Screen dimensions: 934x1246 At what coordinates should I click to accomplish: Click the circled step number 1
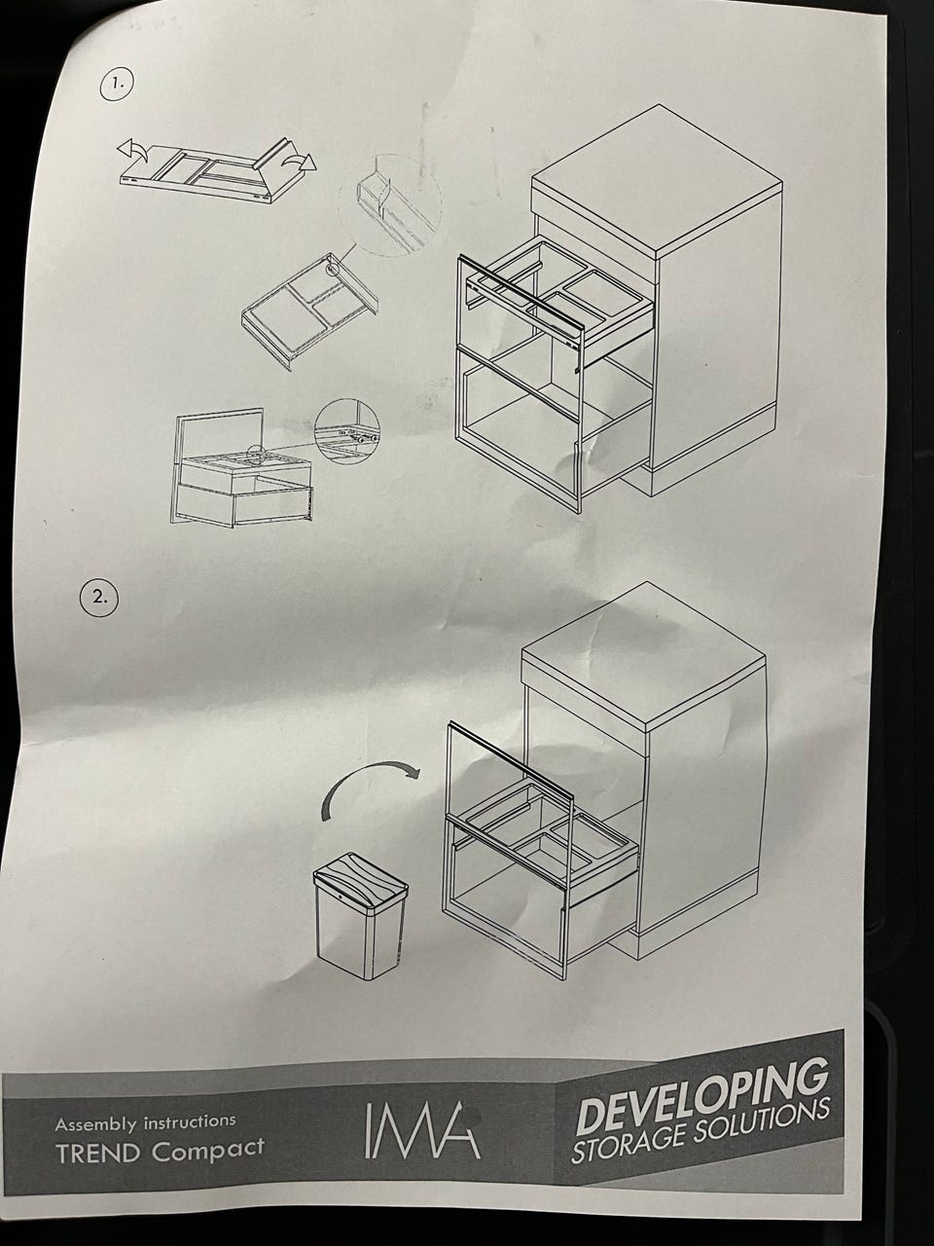coord(117,85)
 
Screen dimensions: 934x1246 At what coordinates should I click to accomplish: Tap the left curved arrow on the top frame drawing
coord(132,151)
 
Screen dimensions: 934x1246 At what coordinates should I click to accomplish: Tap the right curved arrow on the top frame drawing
coord(300,162)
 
